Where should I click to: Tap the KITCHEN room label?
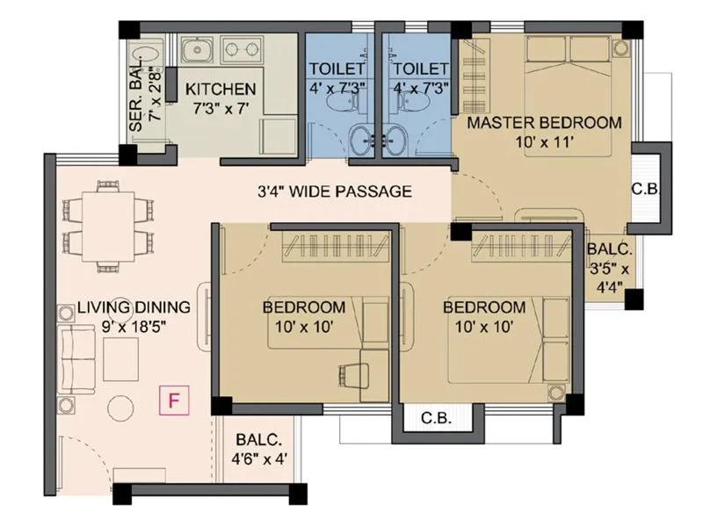pyautogui.click(x=221, y=90)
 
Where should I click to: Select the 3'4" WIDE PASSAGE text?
pyautogui.click(x=334, y=191)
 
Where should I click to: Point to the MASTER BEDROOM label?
pyautogui.click(x=544, y=122)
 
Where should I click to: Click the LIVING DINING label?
pyautogui.click(x=134, y=307)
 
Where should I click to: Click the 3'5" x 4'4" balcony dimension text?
pyautogui.click(x=607, y=272)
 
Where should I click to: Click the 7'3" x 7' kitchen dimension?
pyautogui.click(x=221, y=109)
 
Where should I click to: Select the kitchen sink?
pyautogui.click(x=199, y=49)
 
